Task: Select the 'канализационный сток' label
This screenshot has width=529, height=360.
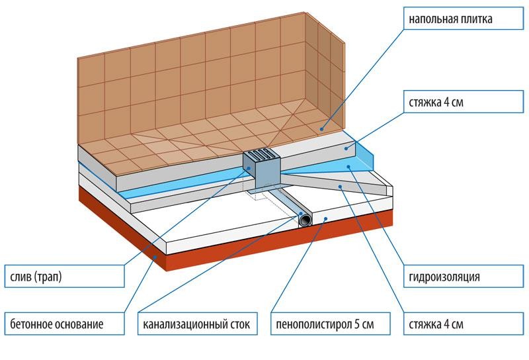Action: pos(196,325)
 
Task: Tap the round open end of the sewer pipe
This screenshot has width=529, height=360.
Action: pos(306,220)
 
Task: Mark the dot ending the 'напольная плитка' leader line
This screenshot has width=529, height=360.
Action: pos(323,130)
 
